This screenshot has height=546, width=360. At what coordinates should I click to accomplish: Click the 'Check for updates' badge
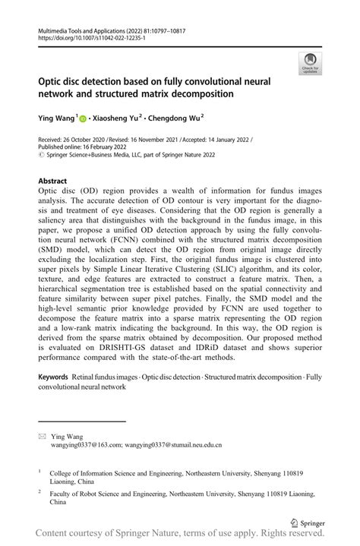tap(310, 65)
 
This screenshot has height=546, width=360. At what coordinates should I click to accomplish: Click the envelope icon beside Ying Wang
tap(42, 437)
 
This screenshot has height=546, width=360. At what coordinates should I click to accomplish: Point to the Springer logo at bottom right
tap(309, 522)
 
